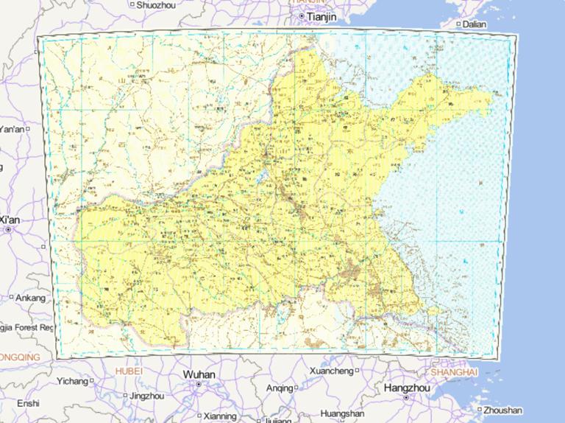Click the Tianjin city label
tap(321, 16)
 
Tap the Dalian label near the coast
tap(475, 24)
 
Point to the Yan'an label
tap(11, 129)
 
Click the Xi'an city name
tap(10, 220)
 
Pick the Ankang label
tap(31, 298)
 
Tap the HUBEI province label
tap(129, 372)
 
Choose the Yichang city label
tap(72, 381)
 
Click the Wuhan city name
tap(199, 375)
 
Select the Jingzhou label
tap(146, 396)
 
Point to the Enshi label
tap(28, 403)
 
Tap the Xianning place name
tap(220, 415)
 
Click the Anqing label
tap(279, 388)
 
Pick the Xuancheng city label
tap(331, 370)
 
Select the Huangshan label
tap(343, 413)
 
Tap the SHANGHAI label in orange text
tap(455, 372)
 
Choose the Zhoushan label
tap(504, 410)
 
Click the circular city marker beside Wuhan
tap(199, 385)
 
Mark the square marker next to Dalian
tap(458, 24)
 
